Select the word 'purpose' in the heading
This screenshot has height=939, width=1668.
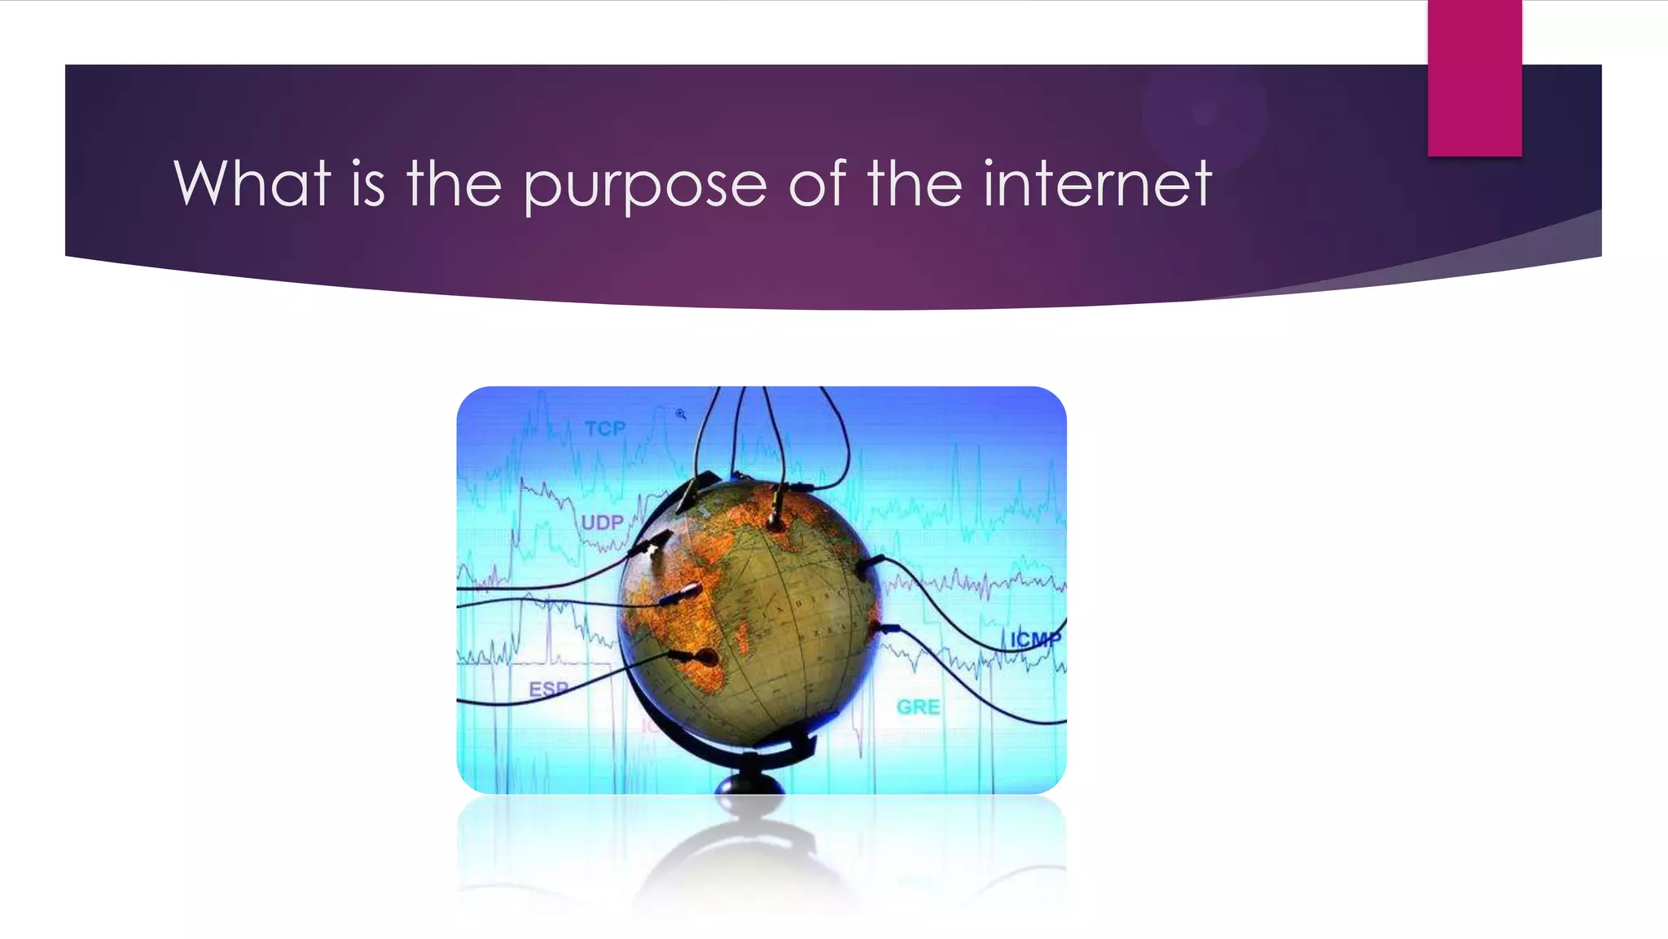coord(644,186)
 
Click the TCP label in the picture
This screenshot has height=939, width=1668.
coord(605,429)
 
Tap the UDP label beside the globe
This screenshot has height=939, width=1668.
coord(602,522)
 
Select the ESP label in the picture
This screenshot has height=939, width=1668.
coord(548,690)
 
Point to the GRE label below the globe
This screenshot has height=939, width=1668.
coord(918,708)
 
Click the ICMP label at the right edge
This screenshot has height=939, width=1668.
coord(1035,639)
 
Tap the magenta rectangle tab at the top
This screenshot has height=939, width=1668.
coord(1474,78)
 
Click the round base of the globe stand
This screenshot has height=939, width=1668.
coord(749,784)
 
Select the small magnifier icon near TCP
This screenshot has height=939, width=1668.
coord(681,414)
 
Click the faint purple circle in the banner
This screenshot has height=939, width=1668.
coord(1204,113)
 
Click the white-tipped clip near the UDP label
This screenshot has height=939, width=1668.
coord(652,544)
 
